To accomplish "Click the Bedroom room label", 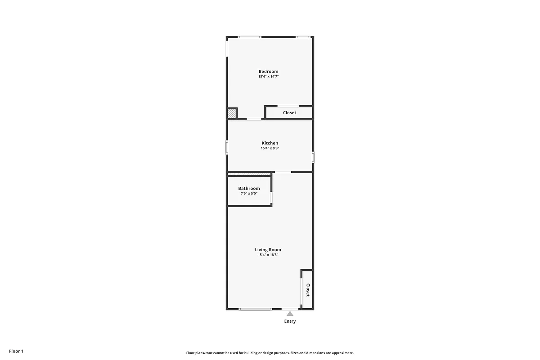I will point(268,71).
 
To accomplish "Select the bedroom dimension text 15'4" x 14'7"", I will point(268,76).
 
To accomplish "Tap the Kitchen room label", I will point(270,143).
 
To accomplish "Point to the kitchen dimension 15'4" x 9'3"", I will point(270,148).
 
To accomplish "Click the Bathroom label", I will point(249,188).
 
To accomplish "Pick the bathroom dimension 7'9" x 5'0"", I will point(249,193).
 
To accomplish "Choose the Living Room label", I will point(268,249).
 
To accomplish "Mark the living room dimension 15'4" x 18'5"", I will point(268,255).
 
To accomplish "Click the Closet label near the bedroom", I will point(289,112).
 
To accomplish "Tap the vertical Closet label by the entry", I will point(308,290).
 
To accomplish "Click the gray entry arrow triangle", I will point(290,314).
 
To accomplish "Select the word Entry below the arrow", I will point(290,321).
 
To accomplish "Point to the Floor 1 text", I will point(16,351).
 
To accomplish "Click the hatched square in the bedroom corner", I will point(231,114).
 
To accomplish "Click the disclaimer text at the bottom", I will point(270,353).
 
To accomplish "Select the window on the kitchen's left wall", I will point(227,147).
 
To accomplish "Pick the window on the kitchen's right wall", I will point(313,157).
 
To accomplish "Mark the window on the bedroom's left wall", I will point(227,47).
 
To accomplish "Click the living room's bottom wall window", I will point(255,309).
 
